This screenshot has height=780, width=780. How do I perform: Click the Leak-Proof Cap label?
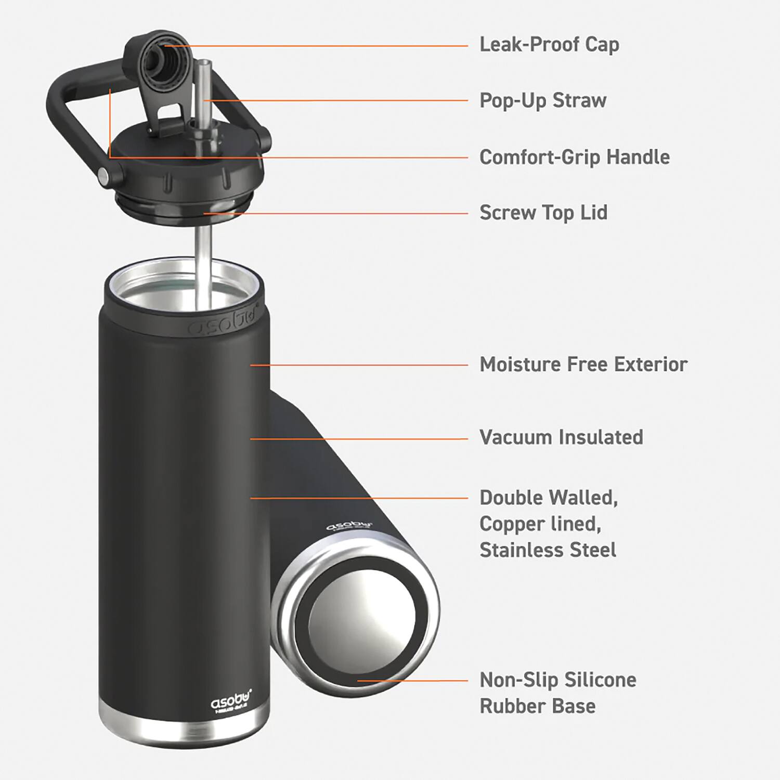tap(549, 45)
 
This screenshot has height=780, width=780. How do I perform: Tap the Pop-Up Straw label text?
tap(542, 100)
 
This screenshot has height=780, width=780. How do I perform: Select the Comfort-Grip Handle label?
tap(574, 157)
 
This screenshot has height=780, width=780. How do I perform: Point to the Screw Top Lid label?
tap(543, 213)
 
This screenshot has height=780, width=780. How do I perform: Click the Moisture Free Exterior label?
tap(583, 365)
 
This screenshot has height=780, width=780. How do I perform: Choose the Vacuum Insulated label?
tap(561, 437)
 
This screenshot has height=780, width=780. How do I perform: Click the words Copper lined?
tap(540, 524)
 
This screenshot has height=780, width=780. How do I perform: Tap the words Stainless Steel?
tap(548, 550)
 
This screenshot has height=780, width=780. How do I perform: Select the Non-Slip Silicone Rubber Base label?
tap(557, 693)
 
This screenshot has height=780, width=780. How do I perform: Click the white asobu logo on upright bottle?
tap(231, 703)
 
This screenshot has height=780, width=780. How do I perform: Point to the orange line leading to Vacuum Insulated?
tap(359, 439)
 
